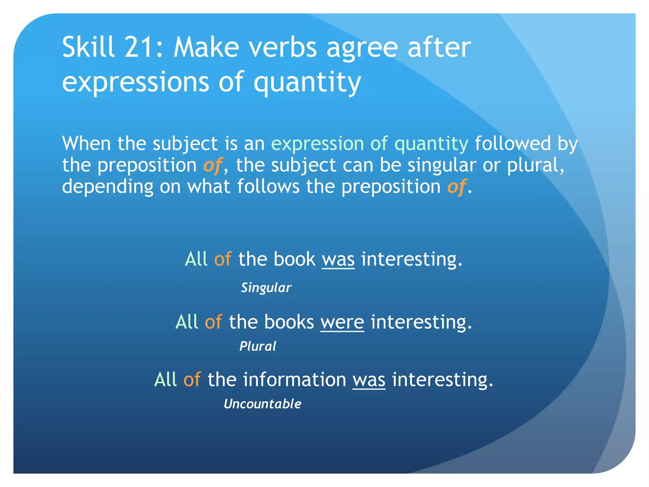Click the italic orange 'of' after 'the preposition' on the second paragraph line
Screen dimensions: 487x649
(x=212, y=166)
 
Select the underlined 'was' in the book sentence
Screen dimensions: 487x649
(x=338, y=259)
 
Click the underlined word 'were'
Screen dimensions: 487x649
(x=342, y=322)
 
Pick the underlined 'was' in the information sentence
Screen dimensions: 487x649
(x=369, y=380)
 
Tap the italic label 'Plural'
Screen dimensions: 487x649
(x=258, y=346)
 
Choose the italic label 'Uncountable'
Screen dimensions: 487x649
(x=262, y=404)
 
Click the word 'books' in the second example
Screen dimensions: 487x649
(x=289, y=322)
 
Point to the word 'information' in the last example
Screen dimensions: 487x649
(x=294, y=380)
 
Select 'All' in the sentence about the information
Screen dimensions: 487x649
(x=165, y=380)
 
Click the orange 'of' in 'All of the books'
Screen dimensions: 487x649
(x=213, y=322)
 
